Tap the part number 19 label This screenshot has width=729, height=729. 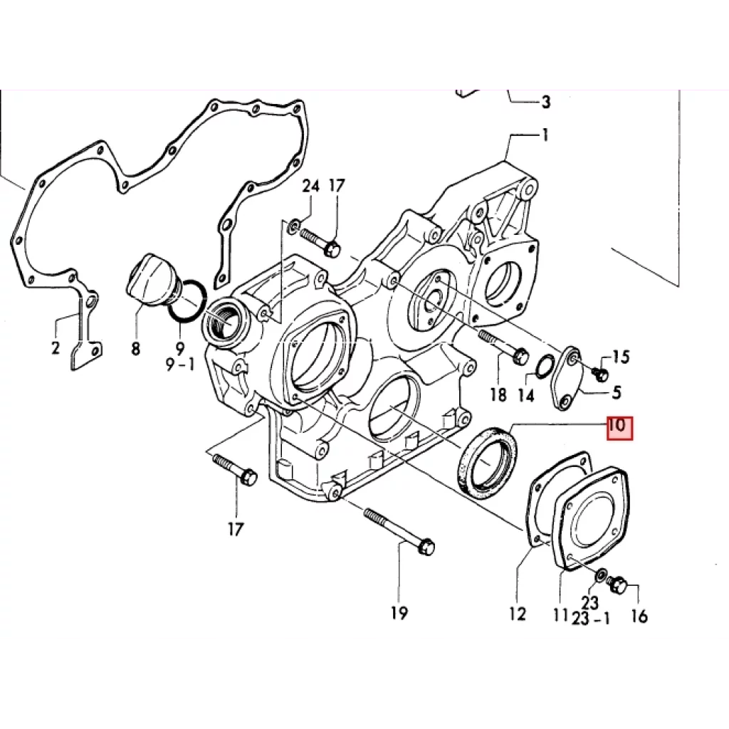coord(399,613)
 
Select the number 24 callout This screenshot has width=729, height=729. coord(311,186)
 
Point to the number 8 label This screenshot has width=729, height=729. coord(135,348)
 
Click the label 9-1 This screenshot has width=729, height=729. coord(181,365)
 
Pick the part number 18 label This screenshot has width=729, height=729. coord(498,394)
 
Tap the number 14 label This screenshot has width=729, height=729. coord(526,394)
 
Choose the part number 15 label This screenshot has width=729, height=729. coord(620,357)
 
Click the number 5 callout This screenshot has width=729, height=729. coord(617,392)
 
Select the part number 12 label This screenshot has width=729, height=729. coord(517,614)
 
